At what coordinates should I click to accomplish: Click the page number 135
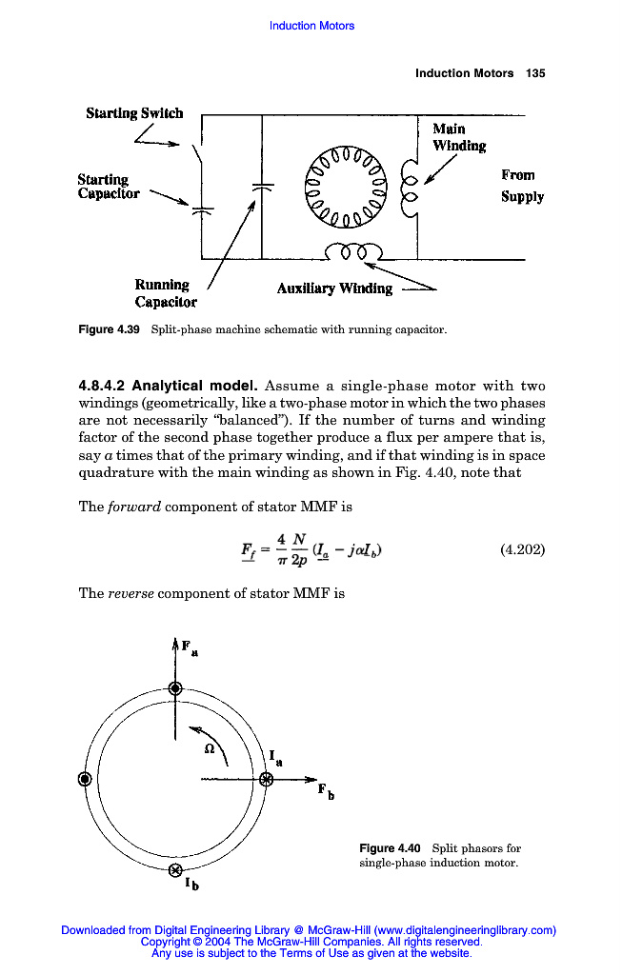pyautogui.click(x=535, y=73)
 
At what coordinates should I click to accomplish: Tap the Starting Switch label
pyautogui.click(x=134, y=112)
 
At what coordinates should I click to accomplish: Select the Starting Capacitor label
pyautogui.click(x=108, y=186)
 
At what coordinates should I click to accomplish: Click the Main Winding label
pyautogui.click(x=459, y=137)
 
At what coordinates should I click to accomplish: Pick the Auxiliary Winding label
pyautogui.click(x=333, y=289)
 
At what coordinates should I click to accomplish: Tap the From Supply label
pyautogui.click(x=522, y=186)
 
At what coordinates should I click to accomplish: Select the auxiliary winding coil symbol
pyautogui.click(x=352, y=252)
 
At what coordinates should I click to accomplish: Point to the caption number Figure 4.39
pyautogui.click(x=109, y=330)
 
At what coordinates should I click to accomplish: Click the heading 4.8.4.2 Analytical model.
pyautogui.click(x=167, y=386)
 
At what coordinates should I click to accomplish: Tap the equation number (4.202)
pyautogui.click(x=522, y=549)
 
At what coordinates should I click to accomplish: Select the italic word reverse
pyautogui.click(x=130, y=593)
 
